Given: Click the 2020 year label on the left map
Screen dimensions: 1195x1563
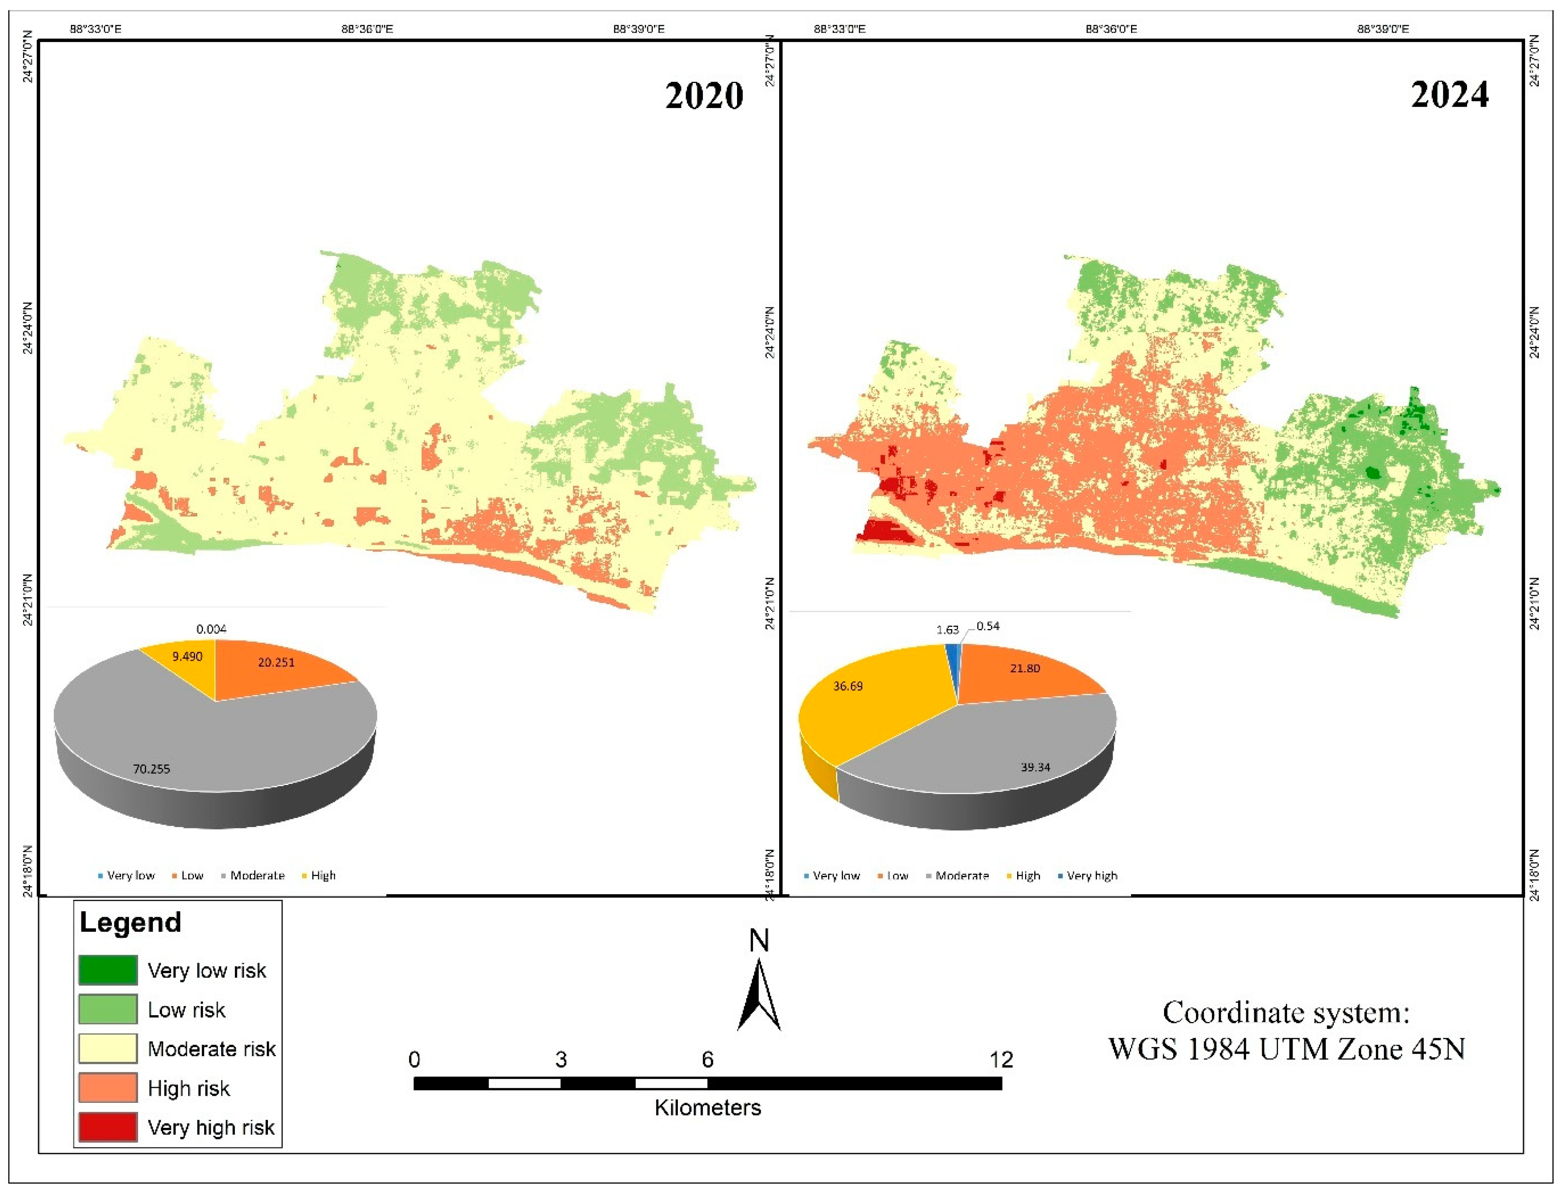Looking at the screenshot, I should coord(704,96).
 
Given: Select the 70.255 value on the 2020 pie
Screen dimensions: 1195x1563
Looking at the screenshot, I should coord(152,769).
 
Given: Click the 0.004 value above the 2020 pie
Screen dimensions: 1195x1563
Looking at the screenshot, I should coord(211,629).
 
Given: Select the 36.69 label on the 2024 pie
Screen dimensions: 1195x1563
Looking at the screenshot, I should coord(848,687).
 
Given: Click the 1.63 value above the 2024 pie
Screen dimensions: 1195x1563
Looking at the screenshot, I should coord(947,630).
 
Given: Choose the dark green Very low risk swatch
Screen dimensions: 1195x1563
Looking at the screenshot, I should coord(108,970).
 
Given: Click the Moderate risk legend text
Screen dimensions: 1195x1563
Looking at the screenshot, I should coord(211,1049).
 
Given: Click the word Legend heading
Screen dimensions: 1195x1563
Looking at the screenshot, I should coord(130,923).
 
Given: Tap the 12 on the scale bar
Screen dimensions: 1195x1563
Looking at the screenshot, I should coord(1001,1060).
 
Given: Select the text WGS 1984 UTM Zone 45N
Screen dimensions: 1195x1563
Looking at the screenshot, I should coord(1287,1049).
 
